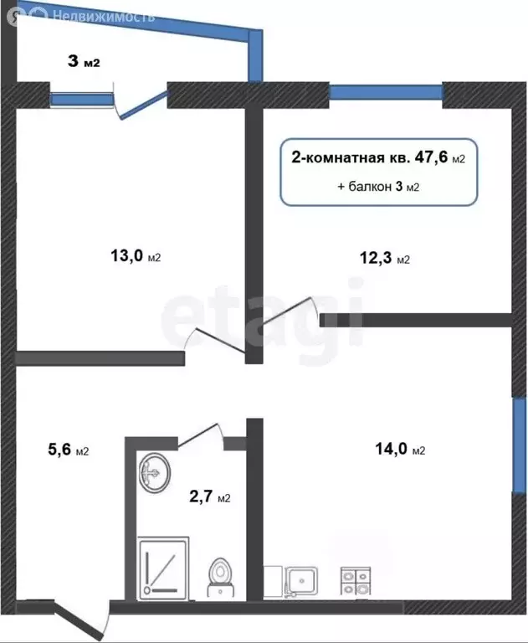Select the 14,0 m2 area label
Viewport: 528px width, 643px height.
coord(400,450)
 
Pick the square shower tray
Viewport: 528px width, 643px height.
coord(164,568)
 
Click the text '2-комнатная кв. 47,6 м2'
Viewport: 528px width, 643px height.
coord(377,157)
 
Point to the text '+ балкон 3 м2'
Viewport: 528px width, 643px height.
coord(378,187)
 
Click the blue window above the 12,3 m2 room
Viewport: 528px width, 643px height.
coord(385,93)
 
